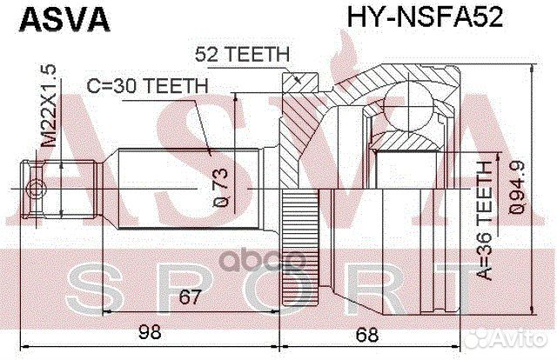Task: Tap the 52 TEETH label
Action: click(x=241, y=54)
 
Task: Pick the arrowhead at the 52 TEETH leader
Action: click(x=299, y=80)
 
